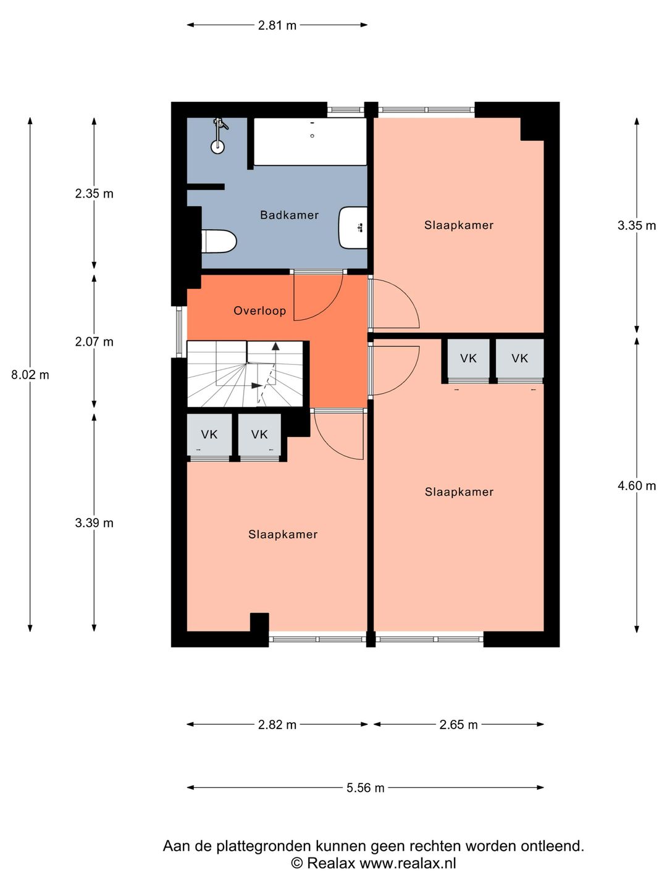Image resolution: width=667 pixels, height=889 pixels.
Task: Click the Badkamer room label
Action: (x=289, y=215)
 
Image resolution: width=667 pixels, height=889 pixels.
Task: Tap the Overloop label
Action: (x=259, y=311)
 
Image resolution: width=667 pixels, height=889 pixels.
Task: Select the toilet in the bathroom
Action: (x=219, y=241)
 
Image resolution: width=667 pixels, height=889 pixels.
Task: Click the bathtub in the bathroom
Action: (x=310, y=141)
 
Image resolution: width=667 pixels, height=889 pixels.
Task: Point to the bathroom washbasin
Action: (x=353, y=228)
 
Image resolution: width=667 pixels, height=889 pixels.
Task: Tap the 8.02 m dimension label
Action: (x=30, y=375)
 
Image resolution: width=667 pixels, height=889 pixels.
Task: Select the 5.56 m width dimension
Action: (x=365, y=788)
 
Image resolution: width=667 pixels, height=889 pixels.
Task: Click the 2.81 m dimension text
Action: (x=277, y=25)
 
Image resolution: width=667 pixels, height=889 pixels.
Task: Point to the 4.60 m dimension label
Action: (x=636, y=486)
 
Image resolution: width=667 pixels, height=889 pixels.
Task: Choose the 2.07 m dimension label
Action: (x=94, y=342)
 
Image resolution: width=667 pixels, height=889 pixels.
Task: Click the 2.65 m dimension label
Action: (x=458, y=725)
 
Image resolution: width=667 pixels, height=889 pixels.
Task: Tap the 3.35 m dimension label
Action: (x=636, y=225)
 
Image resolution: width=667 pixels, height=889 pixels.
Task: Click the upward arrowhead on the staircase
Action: (x=275, y=346)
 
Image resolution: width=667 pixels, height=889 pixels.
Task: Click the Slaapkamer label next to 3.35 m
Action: (x=459, y=225)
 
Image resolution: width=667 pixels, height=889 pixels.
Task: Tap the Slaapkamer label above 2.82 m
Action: (x=283, y=534)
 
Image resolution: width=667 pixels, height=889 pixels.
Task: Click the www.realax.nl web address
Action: (x=408, y=863)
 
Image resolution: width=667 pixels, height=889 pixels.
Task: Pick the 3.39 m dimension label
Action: (x=94, y=523)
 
